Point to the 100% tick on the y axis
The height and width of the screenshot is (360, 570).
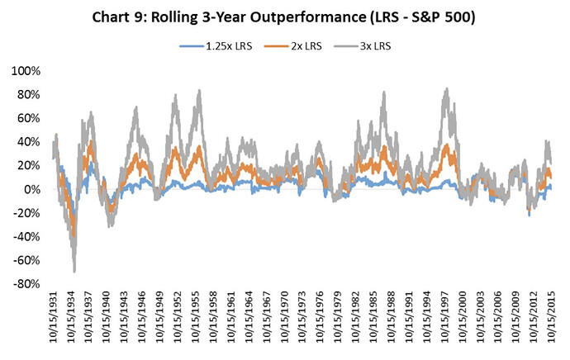tap(23, 72)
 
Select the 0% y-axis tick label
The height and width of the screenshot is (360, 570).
tap(29, 190)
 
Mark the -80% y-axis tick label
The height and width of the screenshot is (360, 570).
tap(23, 284)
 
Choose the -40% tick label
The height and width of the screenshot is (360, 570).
tap(23, 237)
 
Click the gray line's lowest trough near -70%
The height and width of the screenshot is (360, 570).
tap(74, 272)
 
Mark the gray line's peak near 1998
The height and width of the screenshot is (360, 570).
tap(447, 88)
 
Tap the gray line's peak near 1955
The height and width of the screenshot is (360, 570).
tap(199, 91)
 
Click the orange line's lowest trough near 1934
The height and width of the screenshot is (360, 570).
tap(74, 236)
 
